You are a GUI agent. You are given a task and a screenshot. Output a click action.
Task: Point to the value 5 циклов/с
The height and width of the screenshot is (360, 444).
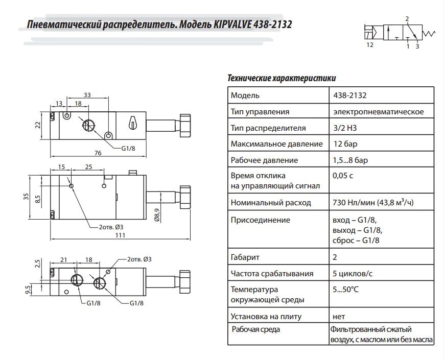[353, 274]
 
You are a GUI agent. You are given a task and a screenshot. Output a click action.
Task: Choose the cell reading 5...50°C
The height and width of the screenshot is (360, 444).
[345, 290]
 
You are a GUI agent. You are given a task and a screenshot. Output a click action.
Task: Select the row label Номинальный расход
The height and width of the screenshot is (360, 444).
[271, 203]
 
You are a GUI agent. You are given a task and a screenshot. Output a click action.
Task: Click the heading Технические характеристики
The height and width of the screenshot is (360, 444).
[281, 79]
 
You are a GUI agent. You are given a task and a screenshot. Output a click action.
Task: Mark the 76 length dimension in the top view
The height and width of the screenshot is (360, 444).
[98, 153]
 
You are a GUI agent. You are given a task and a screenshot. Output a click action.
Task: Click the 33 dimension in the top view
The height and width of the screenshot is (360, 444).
[87, 95]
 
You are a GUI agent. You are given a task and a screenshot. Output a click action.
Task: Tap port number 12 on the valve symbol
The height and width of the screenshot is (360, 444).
[370, 45]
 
